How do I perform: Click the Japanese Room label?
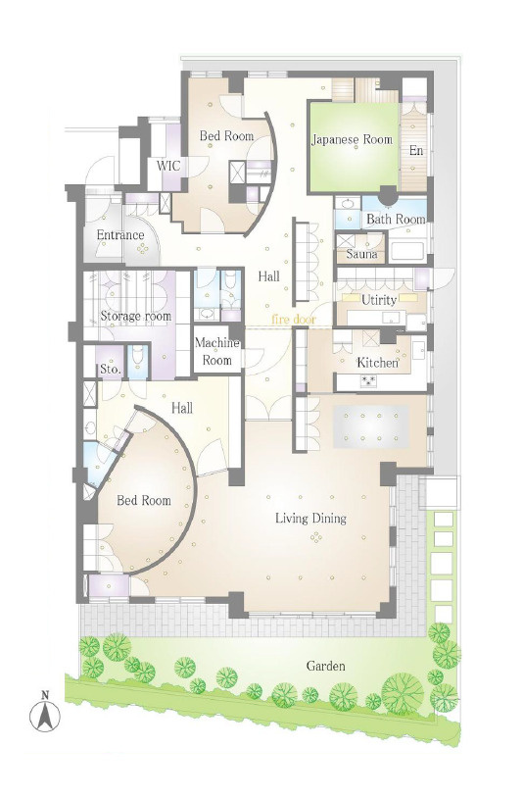[352, 139]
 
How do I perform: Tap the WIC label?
[168, 166]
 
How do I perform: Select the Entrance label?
[120, 234]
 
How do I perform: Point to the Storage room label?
[135, 316]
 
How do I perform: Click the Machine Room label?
[217, 351]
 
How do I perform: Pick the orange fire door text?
[294, 320]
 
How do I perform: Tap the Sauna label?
[362, 254]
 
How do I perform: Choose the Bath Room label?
[396, 220]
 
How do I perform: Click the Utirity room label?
[379, 300]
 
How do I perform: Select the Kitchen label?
[377, 363]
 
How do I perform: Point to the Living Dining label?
[311, 519]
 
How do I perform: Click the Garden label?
[325, 666]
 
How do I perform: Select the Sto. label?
[110, 369]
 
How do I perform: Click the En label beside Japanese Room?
[416, 150]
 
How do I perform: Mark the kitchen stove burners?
[368, 380]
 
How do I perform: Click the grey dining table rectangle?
[371, 426]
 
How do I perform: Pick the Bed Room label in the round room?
[144, 500]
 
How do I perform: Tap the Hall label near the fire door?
[268, 276]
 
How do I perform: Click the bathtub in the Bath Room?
[406, 250]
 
